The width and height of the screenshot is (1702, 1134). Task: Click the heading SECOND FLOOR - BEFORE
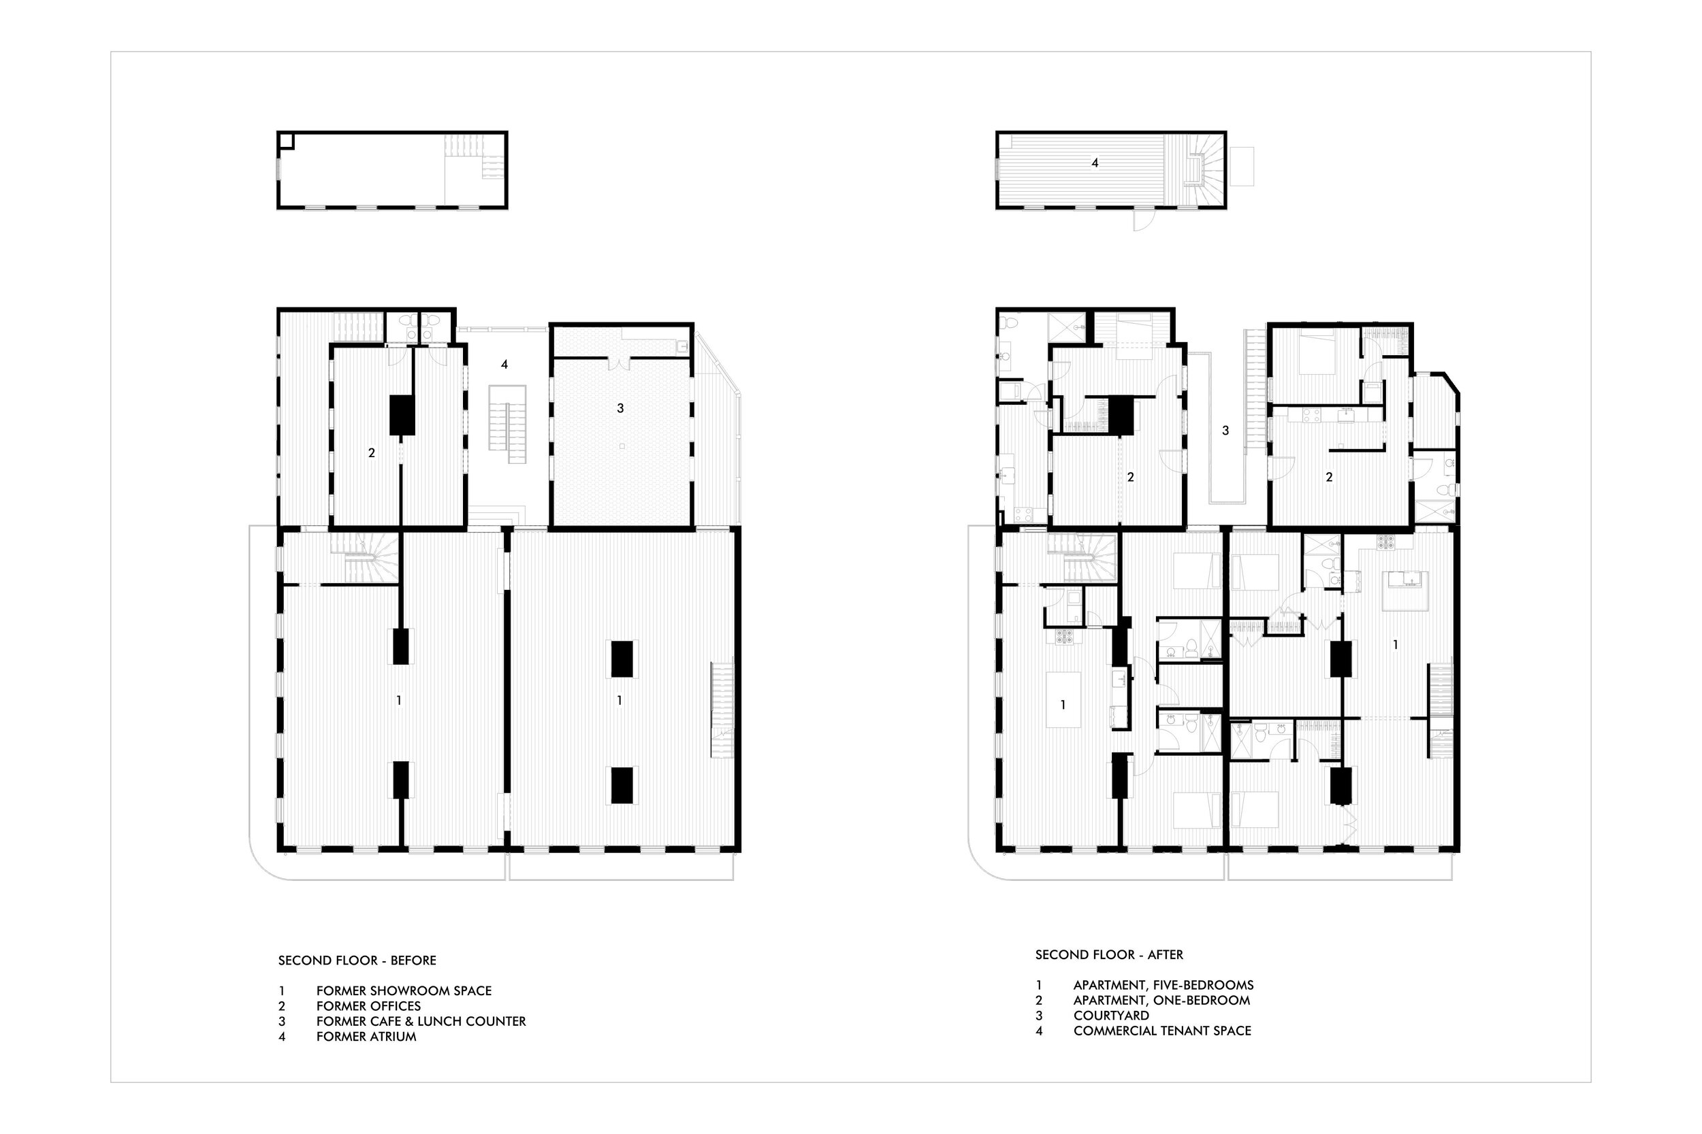[357, 961]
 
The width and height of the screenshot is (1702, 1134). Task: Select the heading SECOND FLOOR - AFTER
[1109, 954]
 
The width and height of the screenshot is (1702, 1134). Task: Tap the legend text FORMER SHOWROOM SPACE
[404, 990]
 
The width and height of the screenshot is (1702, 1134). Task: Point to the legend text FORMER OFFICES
[368, 1006]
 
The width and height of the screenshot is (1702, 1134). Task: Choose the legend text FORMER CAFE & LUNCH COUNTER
[421, 1021]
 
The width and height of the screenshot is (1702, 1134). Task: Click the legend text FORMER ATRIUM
[366, 1036]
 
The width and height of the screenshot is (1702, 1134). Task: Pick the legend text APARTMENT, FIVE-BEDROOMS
[1163, 985]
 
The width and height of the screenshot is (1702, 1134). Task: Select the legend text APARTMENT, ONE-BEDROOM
[1161, 1000]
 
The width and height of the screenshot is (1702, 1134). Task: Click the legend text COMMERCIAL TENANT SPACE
[1162, 1031]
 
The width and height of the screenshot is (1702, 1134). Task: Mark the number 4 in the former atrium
[504, 365]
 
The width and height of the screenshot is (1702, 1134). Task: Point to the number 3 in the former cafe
[620, 409]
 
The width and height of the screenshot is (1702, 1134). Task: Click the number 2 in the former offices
[371, 454]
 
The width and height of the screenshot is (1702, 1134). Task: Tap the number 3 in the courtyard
[1225, 431]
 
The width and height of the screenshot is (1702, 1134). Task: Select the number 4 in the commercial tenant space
[1095, 163]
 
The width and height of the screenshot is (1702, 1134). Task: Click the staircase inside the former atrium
[507, 424]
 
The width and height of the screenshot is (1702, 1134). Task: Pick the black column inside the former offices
[402, 415]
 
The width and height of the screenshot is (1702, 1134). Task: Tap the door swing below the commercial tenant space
[1142, 220]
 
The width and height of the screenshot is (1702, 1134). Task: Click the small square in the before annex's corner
[286, 140]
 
